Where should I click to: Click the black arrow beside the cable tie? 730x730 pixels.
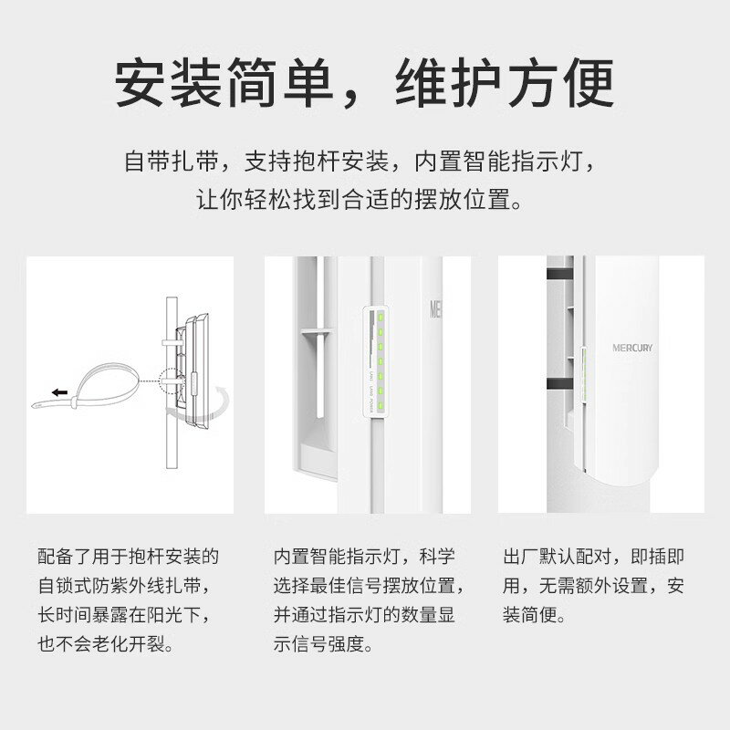[59, 391]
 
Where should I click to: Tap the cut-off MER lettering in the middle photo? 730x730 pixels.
[435, 308]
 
